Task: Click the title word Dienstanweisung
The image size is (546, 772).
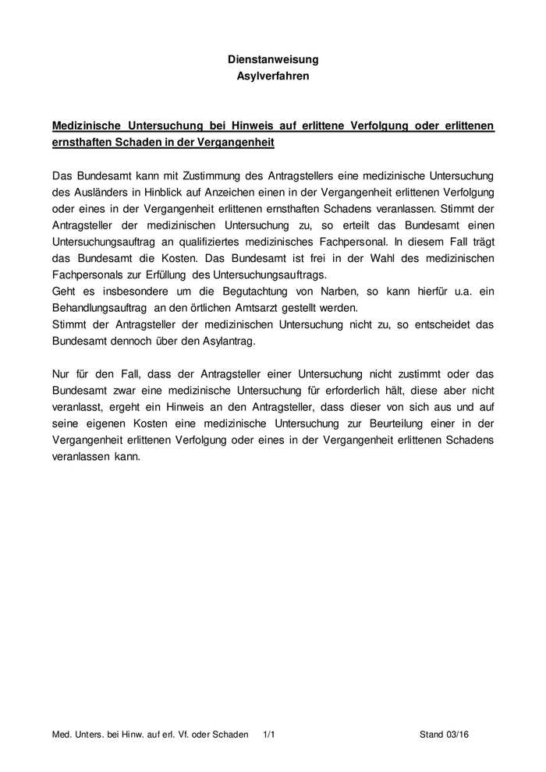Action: click(272, 59)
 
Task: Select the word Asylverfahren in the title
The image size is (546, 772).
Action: click(272, 76)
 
